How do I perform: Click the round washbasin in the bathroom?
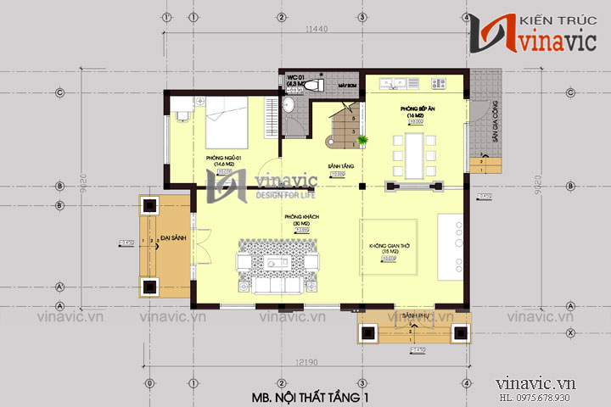click(x=288, y=105)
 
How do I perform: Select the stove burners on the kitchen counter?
click(x=439, y=83)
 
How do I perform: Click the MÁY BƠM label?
click(x=345, y=86)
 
